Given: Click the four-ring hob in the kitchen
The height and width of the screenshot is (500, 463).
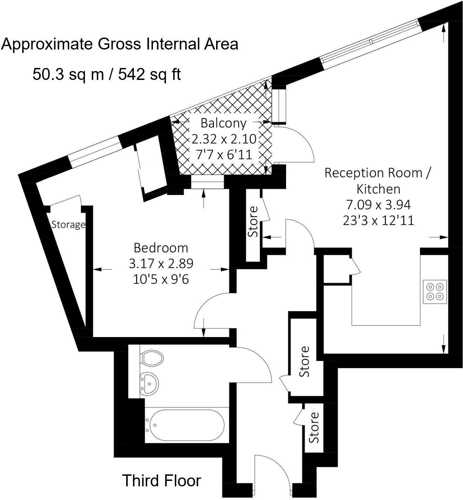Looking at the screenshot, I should click(435, 291).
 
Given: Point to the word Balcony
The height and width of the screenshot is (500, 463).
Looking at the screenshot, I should click(223, 123).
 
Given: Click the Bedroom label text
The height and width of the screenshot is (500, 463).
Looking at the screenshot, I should click(160, 247).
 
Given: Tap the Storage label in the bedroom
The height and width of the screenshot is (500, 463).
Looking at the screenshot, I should click(68, 225).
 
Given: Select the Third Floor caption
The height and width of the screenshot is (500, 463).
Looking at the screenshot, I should click(162, 481).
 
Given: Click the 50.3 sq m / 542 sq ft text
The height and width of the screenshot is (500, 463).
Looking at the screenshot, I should click(107, 74).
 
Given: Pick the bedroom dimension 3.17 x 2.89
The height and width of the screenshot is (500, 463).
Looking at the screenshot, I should click(161, 263).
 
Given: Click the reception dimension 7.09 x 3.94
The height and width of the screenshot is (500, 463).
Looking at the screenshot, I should click(378, 205).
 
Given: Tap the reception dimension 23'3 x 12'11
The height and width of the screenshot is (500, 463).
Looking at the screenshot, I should click(378, 220).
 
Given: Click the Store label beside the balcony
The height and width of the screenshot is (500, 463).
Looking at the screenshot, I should click(253, 221).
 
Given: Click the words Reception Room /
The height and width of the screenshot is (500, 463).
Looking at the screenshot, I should click(378, 173).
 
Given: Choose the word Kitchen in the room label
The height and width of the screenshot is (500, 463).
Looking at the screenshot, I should click(378, 189).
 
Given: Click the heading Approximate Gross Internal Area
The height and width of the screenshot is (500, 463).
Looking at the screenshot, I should click(120, 44).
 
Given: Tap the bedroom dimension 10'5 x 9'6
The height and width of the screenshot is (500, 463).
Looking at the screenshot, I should click(161, 279).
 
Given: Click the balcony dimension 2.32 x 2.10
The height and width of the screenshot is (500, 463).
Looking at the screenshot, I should click(224, 139).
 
